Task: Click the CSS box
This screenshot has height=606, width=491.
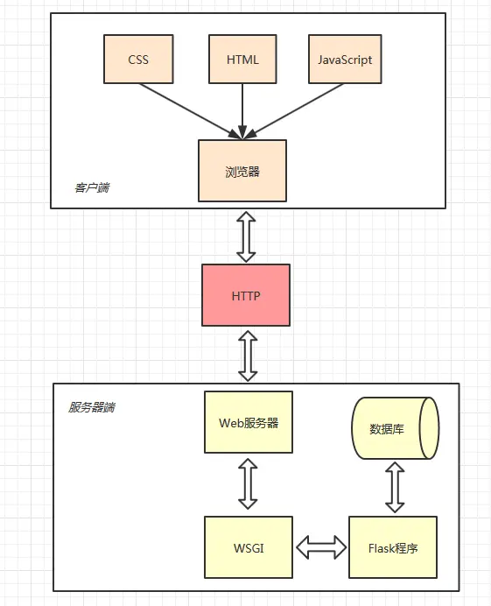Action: (138, 60)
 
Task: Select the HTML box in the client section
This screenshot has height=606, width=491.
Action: (242, 60)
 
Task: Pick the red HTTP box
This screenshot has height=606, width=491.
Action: (246, 296)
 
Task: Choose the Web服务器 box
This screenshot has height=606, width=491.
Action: (248, 422)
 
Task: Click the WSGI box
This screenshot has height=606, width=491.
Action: (248, 548)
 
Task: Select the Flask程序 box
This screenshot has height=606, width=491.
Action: (393, 548)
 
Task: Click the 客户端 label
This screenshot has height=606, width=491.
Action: (92, 188)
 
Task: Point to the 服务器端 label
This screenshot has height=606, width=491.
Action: (92, 407)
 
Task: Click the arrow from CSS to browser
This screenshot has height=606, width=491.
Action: (188, 109)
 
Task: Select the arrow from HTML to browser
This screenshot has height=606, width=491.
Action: (242, 112)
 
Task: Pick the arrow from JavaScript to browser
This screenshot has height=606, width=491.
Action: (293, 109)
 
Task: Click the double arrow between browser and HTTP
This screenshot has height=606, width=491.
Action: (246, 236)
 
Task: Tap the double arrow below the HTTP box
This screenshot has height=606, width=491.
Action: (248, 355)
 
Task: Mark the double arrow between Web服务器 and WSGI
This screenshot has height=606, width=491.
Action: (248, 484)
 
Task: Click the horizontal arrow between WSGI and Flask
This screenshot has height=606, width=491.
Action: (320, 548)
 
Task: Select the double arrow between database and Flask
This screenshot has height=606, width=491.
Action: (395, 488)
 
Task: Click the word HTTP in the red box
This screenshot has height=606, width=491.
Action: (246, 296)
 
